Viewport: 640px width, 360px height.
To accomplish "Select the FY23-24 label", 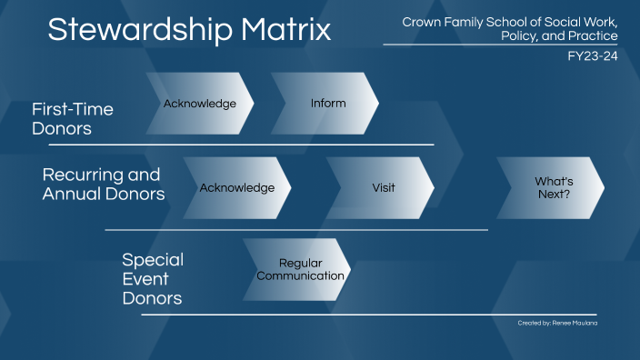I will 592,55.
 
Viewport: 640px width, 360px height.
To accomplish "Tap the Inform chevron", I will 327,104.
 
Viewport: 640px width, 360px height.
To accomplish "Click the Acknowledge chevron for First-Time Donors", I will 199,104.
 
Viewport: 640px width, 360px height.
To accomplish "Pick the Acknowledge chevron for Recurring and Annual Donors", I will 236,187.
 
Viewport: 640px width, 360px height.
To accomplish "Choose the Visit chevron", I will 383,187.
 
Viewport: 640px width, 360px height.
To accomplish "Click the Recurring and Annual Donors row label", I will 103,185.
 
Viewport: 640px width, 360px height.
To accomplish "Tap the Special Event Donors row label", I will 153,279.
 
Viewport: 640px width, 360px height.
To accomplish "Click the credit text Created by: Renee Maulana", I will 557,323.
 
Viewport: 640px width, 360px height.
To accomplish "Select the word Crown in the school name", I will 421,21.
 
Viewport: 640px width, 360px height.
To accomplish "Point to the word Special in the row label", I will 153,260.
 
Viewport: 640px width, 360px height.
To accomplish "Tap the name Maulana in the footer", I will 582,323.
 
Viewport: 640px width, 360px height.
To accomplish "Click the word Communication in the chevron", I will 301,275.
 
